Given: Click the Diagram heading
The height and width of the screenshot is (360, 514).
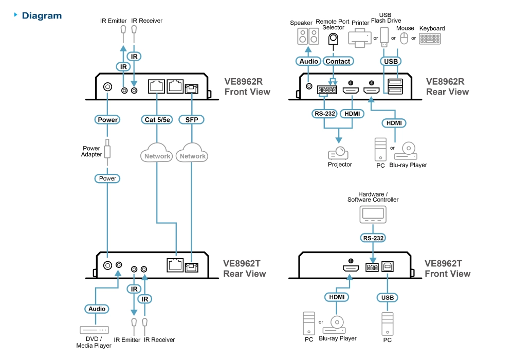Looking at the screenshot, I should (x=41, y=16).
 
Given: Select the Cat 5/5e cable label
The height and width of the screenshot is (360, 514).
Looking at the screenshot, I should (x=157, y=120).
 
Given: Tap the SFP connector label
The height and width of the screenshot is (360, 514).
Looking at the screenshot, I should (x=191, y=120).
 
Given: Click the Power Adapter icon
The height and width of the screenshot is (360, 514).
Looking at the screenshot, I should (x=107, y=151).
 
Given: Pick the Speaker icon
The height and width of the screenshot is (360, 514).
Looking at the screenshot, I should (x=308, y=37).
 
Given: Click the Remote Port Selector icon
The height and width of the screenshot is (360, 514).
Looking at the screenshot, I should (x=334, y=40).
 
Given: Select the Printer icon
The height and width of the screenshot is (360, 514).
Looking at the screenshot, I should (x=360, y=38).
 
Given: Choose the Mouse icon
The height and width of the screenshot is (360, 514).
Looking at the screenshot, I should (x=404, y=38).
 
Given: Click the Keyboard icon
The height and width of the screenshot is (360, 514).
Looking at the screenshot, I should (x=430, y=39).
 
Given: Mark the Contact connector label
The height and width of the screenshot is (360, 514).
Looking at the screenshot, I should (x=337, y=61).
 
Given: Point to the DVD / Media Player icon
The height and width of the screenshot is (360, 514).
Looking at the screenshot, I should (x=94, y=330).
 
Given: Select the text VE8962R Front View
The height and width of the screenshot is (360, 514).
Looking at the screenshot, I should (x=247, y=86).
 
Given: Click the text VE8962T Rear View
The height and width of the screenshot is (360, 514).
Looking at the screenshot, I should (x=245, y=268).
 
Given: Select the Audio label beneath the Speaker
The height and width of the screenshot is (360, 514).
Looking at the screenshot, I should (x=308, y=61).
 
